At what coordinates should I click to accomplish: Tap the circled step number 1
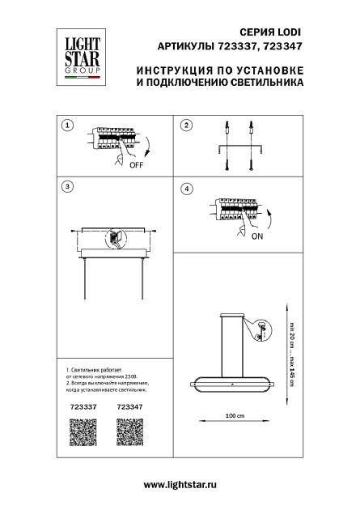(x=68, y=125)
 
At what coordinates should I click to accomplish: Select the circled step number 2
(x=186, y=125)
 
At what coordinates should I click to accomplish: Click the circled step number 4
(x=186, y=188)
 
